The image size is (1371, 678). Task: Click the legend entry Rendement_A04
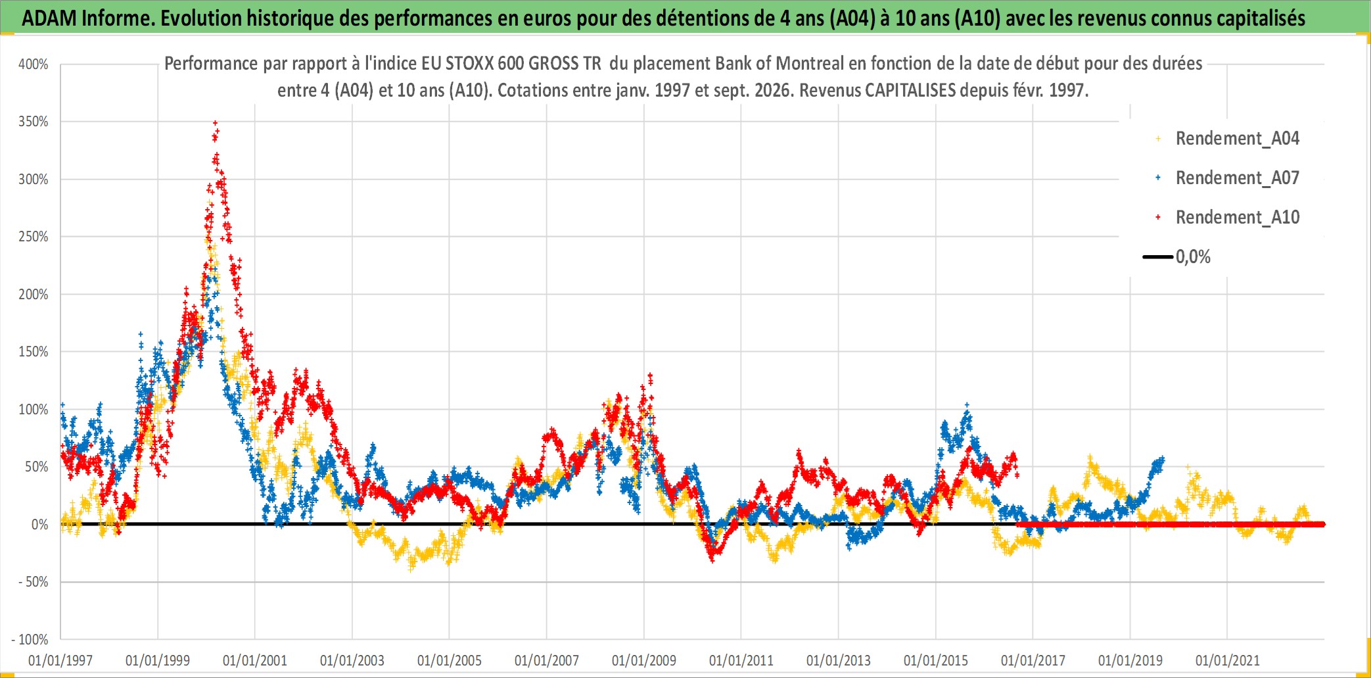point(1237,139)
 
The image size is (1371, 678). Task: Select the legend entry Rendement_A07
point(1237,178)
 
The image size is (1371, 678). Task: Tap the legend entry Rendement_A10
point(1237,218)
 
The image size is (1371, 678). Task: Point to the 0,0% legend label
point(1193,257)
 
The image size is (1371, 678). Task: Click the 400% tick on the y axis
point(34,64)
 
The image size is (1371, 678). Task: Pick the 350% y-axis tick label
point(34,122)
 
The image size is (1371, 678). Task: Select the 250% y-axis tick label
point(34,237)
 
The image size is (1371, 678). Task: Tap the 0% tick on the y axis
point(39,525)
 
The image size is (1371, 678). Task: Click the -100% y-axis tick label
point(30,640)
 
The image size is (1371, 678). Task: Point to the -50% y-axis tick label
point(33,582)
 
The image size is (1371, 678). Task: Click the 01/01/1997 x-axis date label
point(60,660)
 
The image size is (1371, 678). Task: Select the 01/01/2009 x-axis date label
point(644,660)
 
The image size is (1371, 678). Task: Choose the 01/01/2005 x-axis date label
point(450,660)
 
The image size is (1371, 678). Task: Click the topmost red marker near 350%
point(215,123)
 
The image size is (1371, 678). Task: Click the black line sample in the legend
point(1157,257)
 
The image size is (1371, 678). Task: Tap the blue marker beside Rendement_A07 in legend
point(1158,178)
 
